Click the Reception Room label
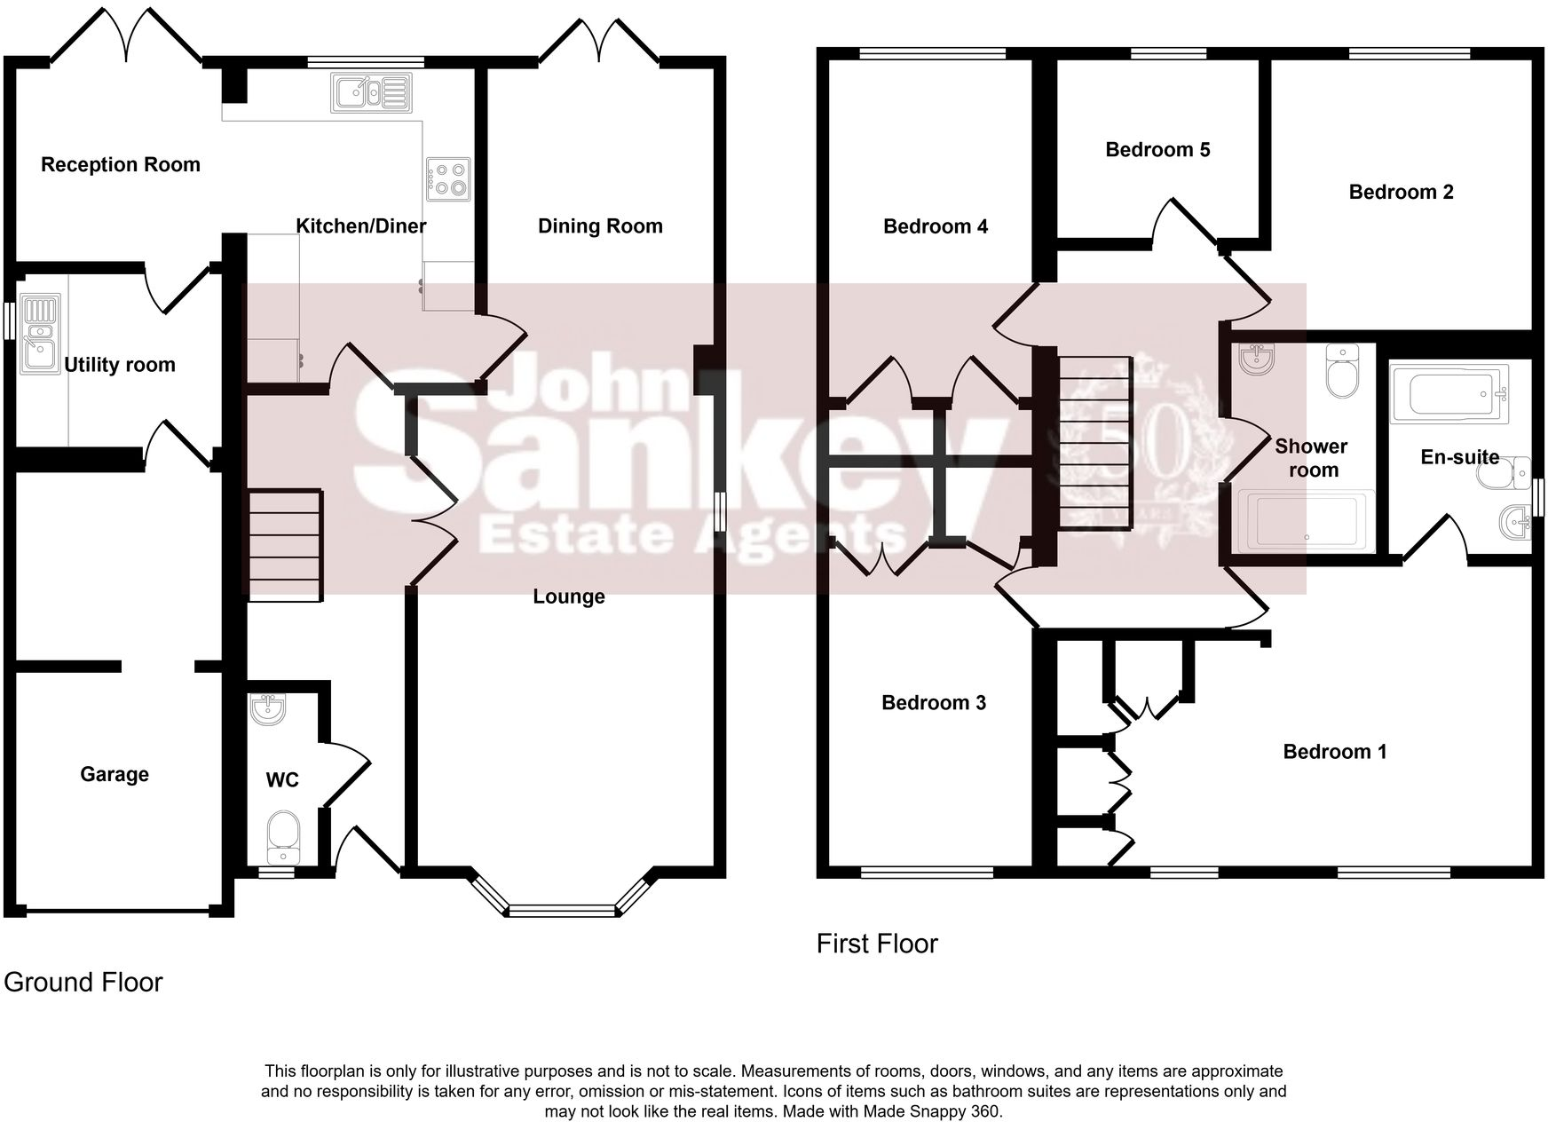click(121, 165)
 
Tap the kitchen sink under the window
click(371, 92)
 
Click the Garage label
click(115, 775)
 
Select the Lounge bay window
click(561, 909)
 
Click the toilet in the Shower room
click(1342, 371)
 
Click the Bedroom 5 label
click(1157, 150)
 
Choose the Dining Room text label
click(600, 226)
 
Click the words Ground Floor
click(83, 983)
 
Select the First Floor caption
click(877, 944)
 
